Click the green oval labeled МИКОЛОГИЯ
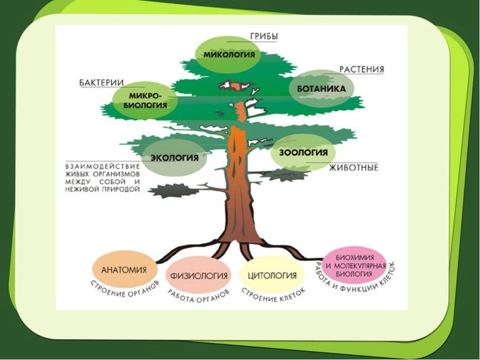click(225, 53)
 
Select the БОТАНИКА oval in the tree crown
click(321, 88)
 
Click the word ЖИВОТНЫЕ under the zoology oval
click(352, 168)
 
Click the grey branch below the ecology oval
click(171, 190)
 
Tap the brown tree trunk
click(240, 185)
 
